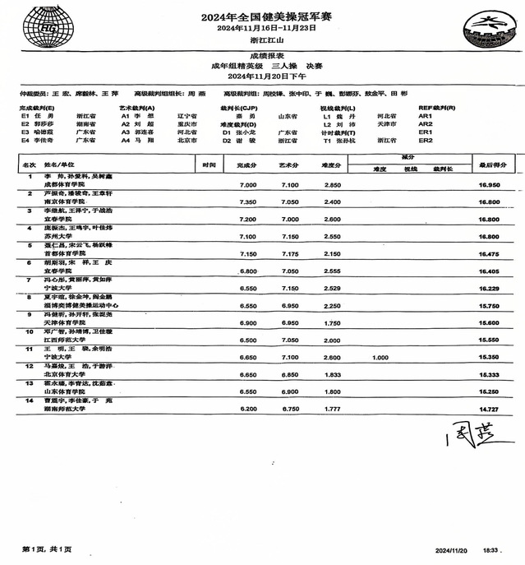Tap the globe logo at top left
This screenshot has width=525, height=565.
pyautogui.click(x=41, y=27)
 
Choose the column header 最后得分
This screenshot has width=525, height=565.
pyautogui.click(x=490, y=165)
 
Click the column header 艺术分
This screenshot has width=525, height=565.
pyautogui.click(x=289, y=165)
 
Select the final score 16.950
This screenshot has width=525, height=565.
pyautogui.click(x=490, y=186)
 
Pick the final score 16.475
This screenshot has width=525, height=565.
pyautogui.click(x=490, y=254)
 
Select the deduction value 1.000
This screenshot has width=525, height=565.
pyautogui.click(x=380, y=358)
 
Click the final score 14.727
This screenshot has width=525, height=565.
pyautogui.click(x=490, y=410)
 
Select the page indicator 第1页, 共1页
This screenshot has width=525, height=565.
pyautogui.click(x=47, y=549)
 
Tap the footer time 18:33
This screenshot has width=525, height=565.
pyautogui.click(x=491, y=549)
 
